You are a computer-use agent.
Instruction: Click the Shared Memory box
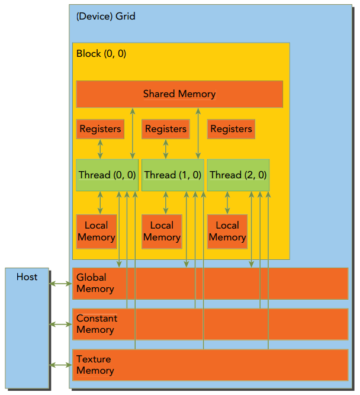179,94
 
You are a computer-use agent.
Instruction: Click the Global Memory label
95,283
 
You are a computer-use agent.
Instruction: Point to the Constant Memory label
97,324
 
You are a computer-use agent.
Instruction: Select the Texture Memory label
95,365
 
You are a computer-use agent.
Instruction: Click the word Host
27,277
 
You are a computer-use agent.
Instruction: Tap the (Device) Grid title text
106,17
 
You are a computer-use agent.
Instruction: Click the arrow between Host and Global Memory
60,284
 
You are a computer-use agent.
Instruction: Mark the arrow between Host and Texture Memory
60,365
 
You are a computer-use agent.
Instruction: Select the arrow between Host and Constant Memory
60,324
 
